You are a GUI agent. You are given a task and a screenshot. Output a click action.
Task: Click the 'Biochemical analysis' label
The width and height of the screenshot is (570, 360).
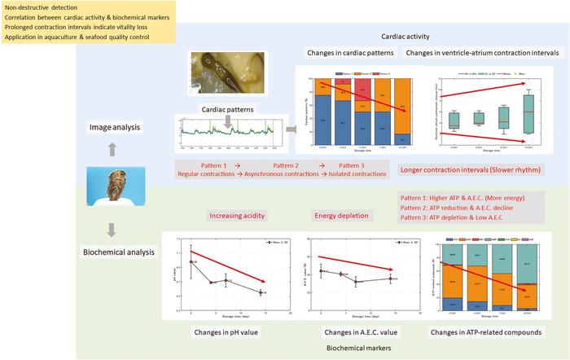(x=120, y=252)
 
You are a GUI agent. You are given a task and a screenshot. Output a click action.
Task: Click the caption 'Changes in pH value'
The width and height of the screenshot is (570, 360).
(x=237, y=331)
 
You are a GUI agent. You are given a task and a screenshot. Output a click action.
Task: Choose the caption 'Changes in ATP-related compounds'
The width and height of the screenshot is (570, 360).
(x=485, y=331)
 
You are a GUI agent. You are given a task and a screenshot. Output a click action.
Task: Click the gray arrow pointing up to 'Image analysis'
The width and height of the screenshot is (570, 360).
(x=113, y=150)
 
